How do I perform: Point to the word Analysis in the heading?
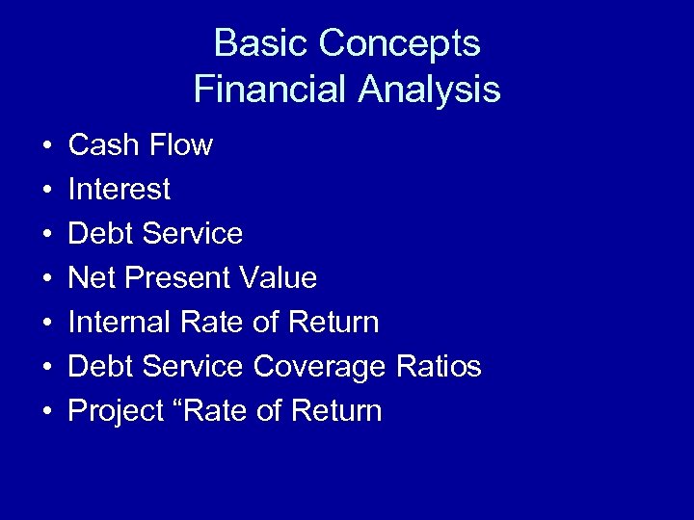[430, 90]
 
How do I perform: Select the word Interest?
[119, 190]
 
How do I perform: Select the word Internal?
[119, 323]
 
